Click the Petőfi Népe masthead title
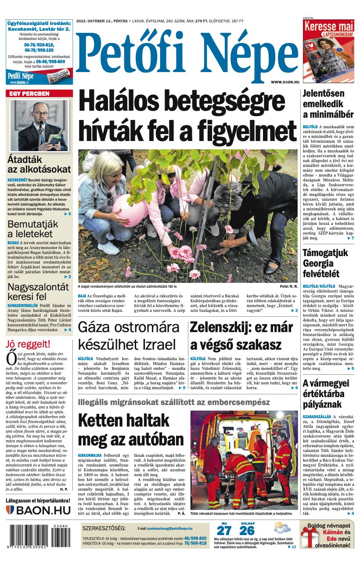187,51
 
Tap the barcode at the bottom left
38,536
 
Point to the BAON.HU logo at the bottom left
38,510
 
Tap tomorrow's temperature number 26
247,530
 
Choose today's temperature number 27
224,530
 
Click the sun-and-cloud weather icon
282,528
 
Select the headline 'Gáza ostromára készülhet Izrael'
127,336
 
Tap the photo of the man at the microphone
39,125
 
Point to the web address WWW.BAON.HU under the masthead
285,82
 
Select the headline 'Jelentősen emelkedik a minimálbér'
328,104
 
